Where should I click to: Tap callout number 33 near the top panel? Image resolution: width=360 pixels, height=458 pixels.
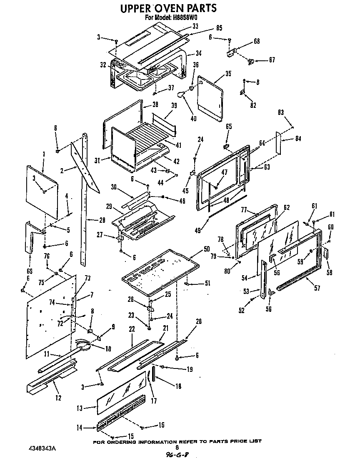[x=195, y=26]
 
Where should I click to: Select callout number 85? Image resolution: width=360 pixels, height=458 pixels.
[x=219, y=28]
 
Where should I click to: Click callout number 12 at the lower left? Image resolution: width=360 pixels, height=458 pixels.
[x=58, y=398]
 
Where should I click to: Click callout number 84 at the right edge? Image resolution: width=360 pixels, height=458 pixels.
[x=298, y=139]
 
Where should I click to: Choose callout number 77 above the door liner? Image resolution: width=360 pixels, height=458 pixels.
[x=244, y=210]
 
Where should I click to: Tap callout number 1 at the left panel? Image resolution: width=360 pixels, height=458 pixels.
[x=43, y=155]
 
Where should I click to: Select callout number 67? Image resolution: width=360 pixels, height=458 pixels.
[x=272, y=60]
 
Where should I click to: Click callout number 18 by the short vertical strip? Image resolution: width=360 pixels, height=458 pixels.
[x=178, y=386]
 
